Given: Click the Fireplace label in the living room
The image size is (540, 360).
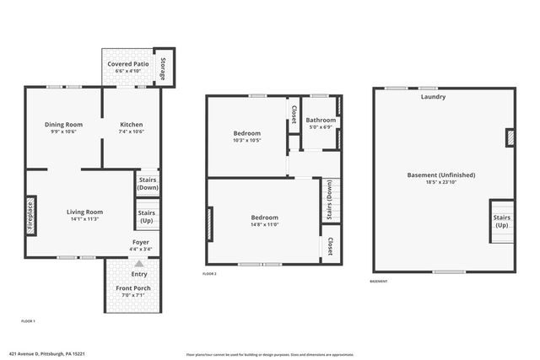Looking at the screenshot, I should point(30,215).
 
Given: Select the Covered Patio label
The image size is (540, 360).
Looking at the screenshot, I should point(129,64).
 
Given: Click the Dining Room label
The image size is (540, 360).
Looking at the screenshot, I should point(63,125).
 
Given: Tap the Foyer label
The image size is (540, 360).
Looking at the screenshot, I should point(140,242).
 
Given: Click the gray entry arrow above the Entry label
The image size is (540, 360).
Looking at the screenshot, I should point(139,264).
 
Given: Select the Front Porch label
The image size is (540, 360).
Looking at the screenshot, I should point(135,289).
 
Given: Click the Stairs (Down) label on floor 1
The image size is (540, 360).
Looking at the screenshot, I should point(148,183).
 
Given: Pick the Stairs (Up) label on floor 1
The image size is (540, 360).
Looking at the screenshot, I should point(147,217).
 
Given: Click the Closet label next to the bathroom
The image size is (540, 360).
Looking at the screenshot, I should point(294,113).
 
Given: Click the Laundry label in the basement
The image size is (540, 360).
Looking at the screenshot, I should point(434,97).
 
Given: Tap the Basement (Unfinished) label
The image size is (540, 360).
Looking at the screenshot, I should point(441,175).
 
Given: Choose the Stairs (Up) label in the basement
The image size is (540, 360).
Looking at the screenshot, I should point(501,221).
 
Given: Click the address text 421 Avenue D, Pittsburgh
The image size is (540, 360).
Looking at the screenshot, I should point(46,355).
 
